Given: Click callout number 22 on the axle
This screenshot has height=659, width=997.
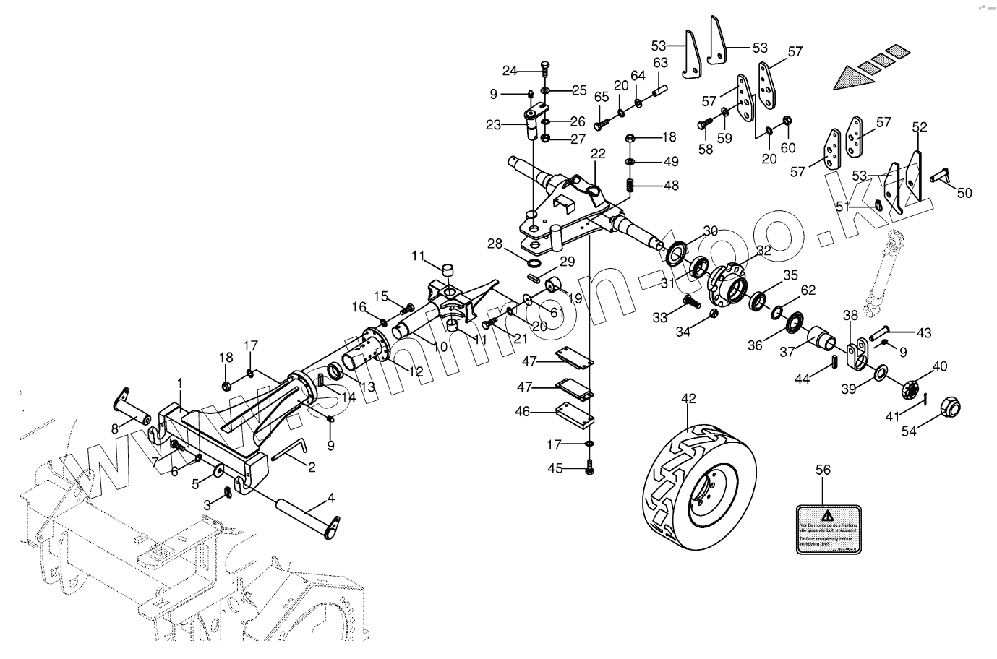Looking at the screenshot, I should (x=597, y=153).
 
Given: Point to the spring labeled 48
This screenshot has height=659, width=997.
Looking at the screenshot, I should (x=630, y=185).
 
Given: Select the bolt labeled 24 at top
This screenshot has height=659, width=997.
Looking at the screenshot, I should (x=544, y=70).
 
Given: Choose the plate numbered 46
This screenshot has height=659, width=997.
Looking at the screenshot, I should (x=575, y=413).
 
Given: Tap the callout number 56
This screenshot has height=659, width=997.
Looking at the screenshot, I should (x=823, y=469).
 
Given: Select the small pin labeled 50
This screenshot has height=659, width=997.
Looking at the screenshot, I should (x=942, y=175).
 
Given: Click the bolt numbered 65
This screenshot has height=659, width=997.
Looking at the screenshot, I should (x=599, y=124).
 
